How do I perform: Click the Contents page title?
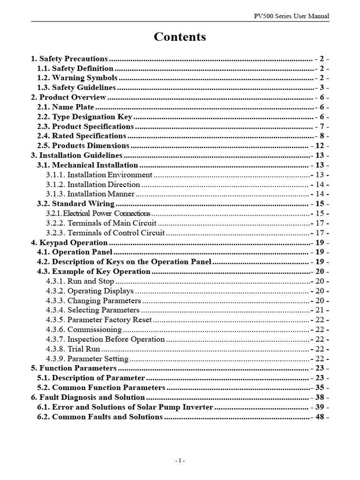click(x=180, y=37)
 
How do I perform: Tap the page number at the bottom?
click(x=180, y=461)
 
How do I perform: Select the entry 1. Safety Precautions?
click(x=69, y=59)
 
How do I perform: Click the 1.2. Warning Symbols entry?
click(x=77, y=78)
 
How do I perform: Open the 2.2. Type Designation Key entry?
click(x=85, y=117)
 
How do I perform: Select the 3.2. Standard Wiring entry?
click(x=76, y=204)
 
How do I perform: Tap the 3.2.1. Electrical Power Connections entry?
click(x=98, y=213)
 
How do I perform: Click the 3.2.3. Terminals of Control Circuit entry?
click(x=105, y=232)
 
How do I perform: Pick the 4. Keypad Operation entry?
click(x=69, y=242)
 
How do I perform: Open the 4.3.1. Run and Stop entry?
click(x=80, y=281)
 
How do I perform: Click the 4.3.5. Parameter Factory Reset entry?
click(x=99, y=320)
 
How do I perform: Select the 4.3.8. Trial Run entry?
click(x=73, y=349)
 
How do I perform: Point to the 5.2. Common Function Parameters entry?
click(x=101, y=388)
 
